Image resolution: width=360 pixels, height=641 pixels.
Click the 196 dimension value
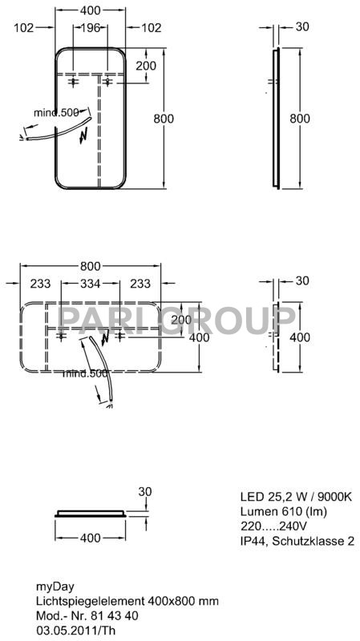(90, 28)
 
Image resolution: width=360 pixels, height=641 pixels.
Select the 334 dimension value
(90, 284)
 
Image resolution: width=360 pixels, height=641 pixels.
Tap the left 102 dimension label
(24, 28)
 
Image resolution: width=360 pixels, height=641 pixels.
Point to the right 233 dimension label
(140, 284)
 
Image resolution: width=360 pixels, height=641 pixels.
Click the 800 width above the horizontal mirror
(90, 266)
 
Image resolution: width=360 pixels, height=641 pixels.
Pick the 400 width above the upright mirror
(90, 10)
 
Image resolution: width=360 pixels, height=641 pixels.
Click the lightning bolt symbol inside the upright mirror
(84, 135)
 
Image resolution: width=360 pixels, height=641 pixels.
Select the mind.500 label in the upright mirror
(57, 112)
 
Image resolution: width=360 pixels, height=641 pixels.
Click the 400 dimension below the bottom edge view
(90, 538)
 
